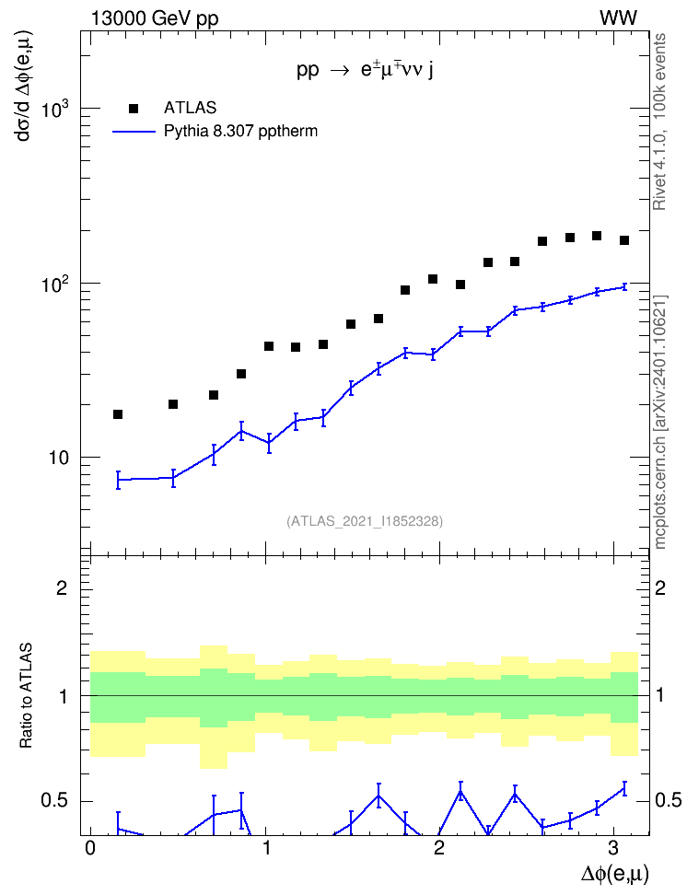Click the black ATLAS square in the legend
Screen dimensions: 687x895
(134, 109)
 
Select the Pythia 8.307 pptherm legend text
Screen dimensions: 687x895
(240, 132)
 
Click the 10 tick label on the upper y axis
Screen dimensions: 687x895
(58, 458)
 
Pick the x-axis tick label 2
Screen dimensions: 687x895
(438, 848)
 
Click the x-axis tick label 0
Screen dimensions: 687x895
(90, 848)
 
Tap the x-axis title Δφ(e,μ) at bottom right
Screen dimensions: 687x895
(615, 875)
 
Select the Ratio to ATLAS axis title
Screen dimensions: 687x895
(26, 695)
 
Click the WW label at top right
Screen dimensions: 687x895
(618, 18)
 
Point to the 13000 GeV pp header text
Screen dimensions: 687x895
(155, 19)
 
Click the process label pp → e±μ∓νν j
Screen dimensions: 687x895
(365, 70)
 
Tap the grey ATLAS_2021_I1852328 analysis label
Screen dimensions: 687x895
(365, 521)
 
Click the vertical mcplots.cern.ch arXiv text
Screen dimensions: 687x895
(660, 423)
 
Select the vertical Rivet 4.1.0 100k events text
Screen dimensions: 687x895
(659, 122)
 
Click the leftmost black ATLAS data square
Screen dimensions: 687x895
(118, 414)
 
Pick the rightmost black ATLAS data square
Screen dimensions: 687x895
(624, 240)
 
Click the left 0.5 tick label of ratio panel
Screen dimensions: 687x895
(54, 801)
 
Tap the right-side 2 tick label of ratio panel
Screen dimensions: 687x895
(660, 587)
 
